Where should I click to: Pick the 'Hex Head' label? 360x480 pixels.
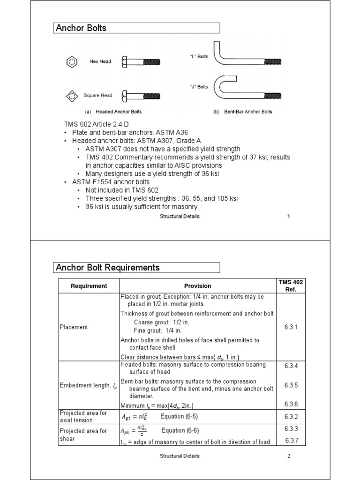click(x=100, y=61)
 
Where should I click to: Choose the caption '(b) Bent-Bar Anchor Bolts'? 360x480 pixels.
click(x=242, y=112)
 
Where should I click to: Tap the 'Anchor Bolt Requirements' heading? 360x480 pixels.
click(x=108, y=268)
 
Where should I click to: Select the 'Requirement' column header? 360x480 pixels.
click(x=89, y=286)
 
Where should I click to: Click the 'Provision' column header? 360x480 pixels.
click(x=197, y=286)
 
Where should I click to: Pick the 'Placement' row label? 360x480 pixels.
click(x=74, y=327)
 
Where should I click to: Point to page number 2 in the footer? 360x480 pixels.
click(x=289, y=456)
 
